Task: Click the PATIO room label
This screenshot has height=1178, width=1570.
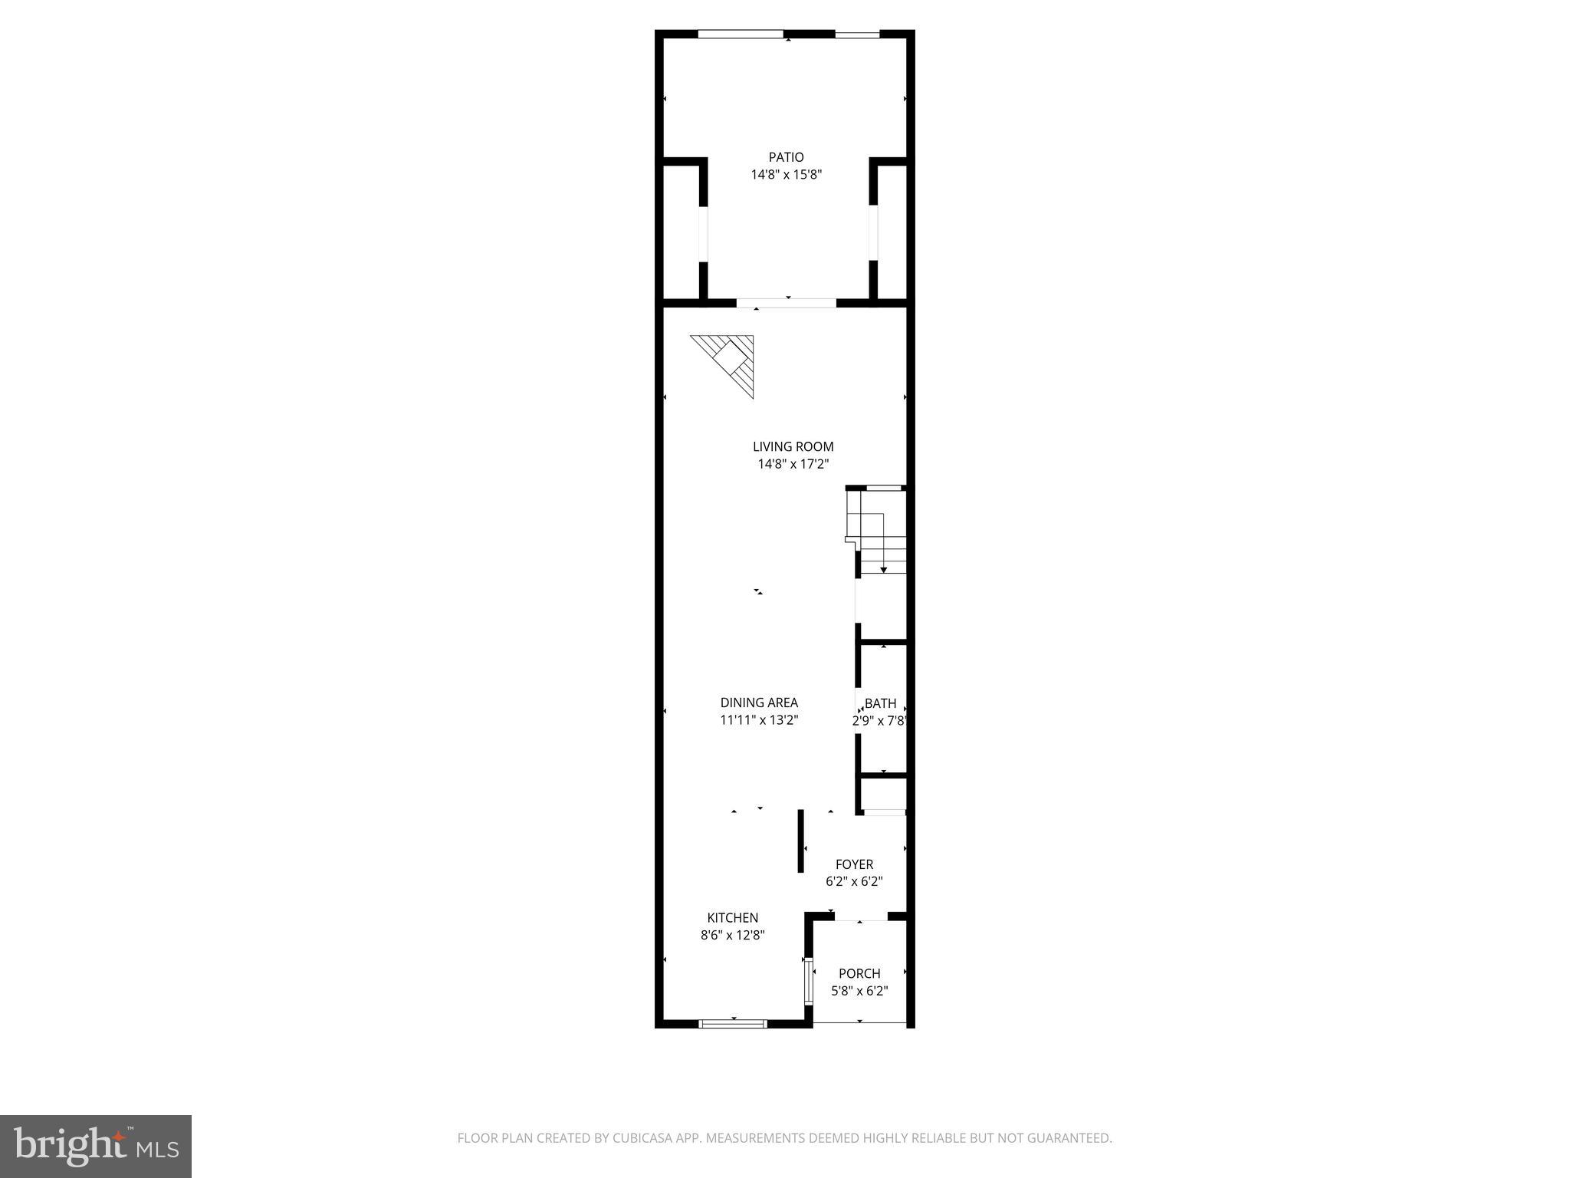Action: [786, 157]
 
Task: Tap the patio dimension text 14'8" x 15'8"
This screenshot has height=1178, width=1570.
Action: [786, 175]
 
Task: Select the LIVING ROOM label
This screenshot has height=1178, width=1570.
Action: [793, 446]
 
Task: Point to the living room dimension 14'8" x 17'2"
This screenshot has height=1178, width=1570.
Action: [793, 464]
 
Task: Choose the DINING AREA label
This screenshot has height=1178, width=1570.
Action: [759, 703]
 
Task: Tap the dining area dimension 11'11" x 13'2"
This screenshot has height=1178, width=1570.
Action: [759, 720]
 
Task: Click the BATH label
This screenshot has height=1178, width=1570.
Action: [880, 703]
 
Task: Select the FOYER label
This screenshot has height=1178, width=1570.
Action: [854, 864]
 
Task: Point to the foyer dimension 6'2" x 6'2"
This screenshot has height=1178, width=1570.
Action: [854, 882]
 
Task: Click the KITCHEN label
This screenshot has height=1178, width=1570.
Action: [732, 918]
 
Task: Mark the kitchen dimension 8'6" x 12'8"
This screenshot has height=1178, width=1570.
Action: [732, 936]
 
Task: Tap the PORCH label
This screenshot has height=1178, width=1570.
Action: [859, 974]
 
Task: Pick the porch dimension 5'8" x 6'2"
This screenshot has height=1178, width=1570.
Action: [859, 991]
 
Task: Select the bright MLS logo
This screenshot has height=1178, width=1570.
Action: [95, 1146]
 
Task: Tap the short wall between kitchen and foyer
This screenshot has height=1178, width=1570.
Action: [800, 841]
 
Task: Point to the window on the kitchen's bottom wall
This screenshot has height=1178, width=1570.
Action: [733, 1023]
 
